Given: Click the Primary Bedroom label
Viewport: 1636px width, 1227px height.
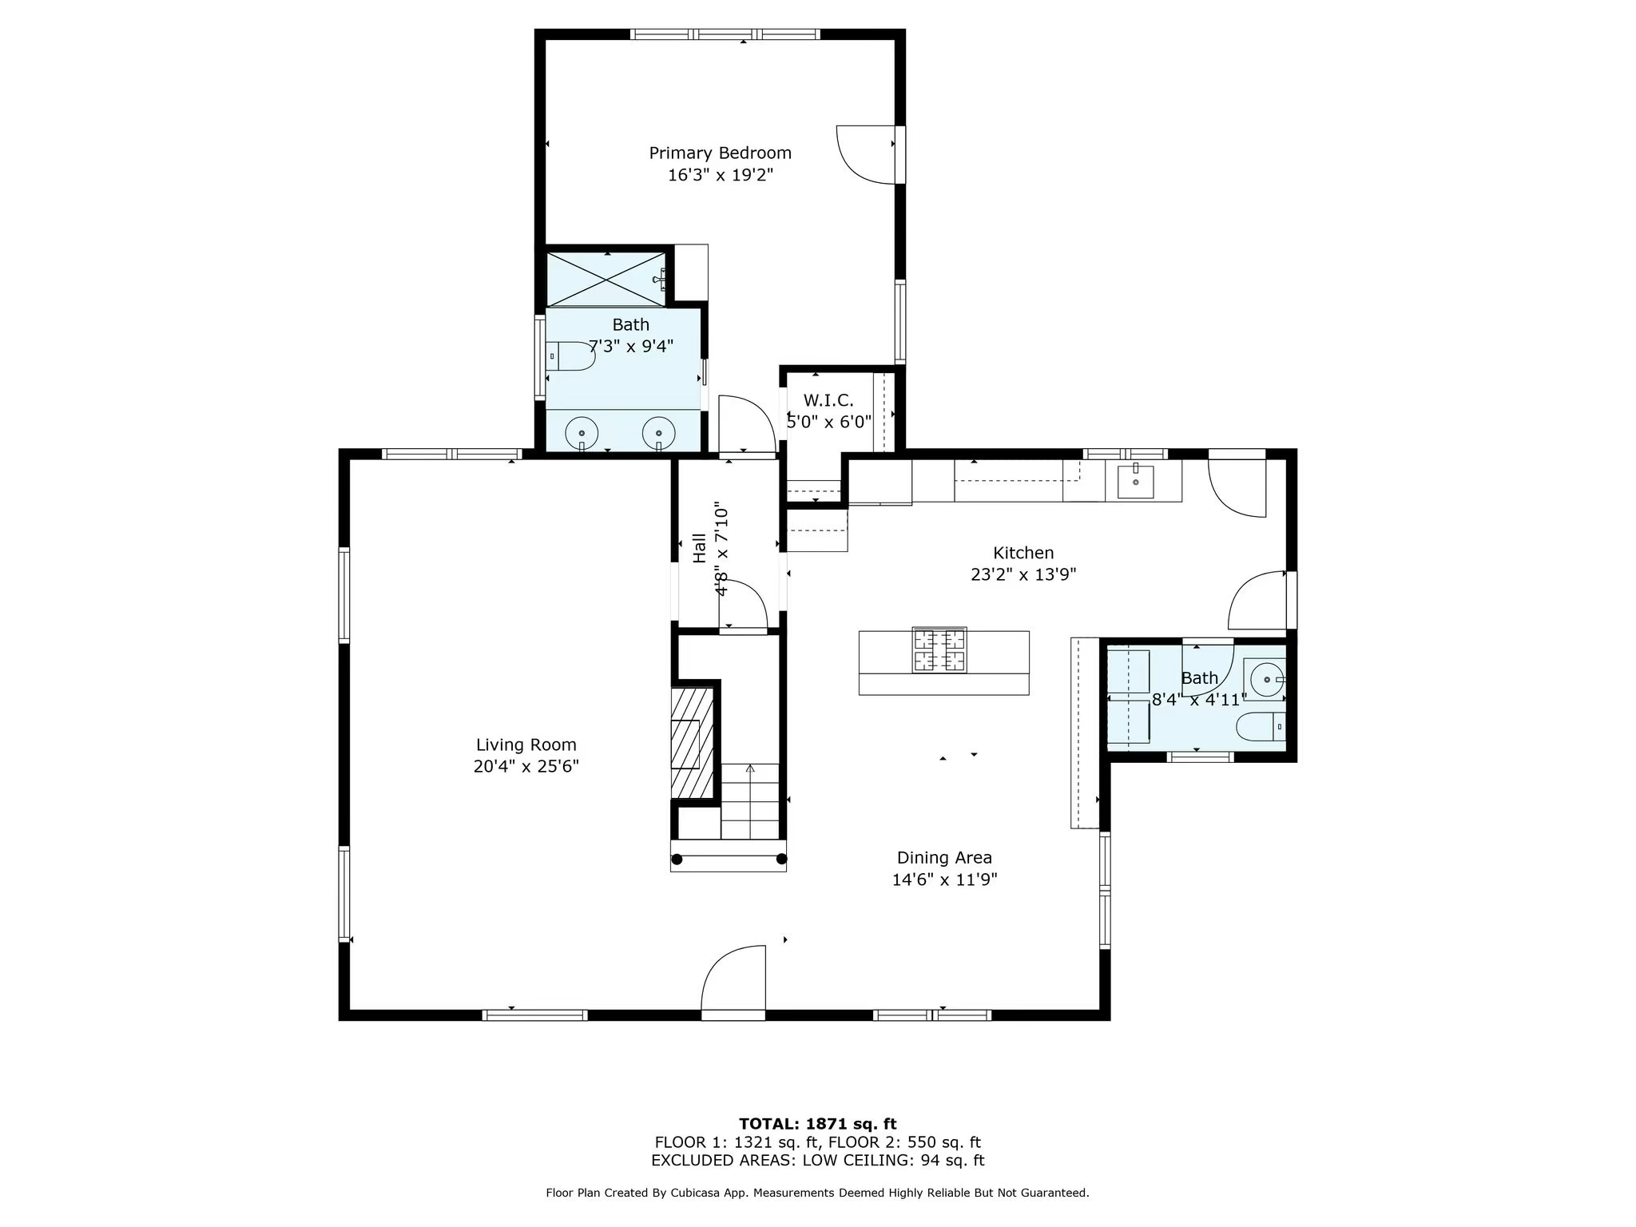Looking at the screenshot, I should (x=720, y=153).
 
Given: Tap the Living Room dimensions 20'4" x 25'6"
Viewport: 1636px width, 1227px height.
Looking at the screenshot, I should (x=526, y=767).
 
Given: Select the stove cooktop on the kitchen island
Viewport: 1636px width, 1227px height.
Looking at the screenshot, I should (x=939, y=649).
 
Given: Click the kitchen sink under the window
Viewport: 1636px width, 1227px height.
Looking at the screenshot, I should (x=1135, y=482).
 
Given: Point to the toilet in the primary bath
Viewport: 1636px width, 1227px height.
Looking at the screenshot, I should (x=572, y=355).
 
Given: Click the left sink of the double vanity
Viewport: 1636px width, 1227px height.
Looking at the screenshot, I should (x=582, y=433).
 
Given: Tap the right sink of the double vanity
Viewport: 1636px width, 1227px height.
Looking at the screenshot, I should (x=659, y=433).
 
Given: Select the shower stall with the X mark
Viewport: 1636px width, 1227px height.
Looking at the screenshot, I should (x=606, y=279).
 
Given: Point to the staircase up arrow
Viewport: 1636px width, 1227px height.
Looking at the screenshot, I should (x=750, y=769).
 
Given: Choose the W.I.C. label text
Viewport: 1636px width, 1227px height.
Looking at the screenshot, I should (x=828, y=400).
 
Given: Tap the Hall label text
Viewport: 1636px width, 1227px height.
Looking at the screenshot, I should (x=700, y=548).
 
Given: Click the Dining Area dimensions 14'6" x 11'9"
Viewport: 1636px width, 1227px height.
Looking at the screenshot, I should (x=944, y=880).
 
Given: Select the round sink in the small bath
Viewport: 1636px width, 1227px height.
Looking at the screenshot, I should (x=1266, y=680).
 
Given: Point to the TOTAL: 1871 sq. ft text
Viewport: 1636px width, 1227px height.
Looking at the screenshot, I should (x=817, y=1124).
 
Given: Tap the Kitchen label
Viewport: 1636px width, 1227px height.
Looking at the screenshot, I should (x=1023, y=553).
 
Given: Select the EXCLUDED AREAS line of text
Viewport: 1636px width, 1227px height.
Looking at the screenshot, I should (x=817, y=1161).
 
